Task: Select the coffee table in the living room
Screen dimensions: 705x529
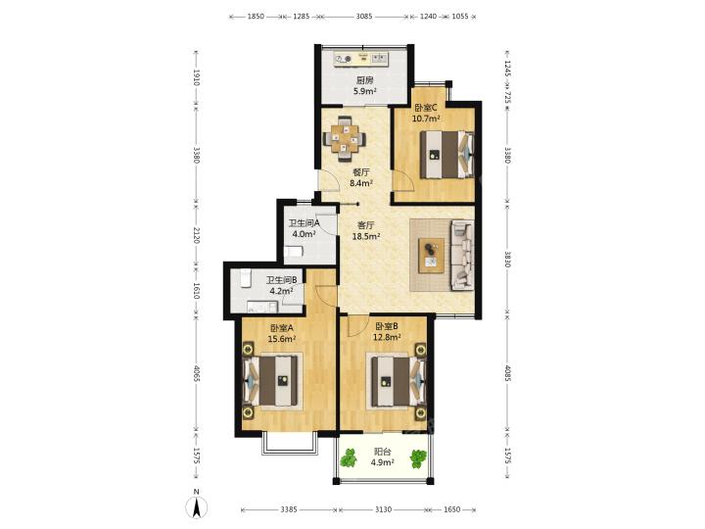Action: (432, 256)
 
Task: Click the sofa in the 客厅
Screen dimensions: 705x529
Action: (462, 254)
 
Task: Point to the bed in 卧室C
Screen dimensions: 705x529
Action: (446, 155)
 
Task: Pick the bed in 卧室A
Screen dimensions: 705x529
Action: (271, 381)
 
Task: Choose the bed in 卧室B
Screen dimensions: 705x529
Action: (397, 381)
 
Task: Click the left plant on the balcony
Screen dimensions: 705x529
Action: (348, 457)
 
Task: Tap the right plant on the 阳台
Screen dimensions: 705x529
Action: (418, 458)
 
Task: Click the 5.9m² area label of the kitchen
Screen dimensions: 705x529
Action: (364, 91)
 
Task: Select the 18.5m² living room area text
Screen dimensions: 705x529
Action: (366, 236)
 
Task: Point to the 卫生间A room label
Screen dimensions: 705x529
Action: (304, 223)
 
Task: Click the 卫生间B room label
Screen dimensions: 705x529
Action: (281, 280)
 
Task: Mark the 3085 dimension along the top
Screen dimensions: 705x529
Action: (363, 17)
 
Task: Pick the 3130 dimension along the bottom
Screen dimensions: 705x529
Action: (383, 509)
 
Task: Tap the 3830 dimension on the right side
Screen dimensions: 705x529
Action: (507, 259)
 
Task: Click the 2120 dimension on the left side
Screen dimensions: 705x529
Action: (196, 235)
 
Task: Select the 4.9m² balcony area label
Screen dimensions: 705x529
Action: (383, 462)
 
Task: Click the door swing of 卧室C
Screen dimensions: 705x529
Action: (403, 182)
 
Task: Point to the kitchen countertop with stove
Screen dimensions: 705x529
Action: (361, 59)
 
